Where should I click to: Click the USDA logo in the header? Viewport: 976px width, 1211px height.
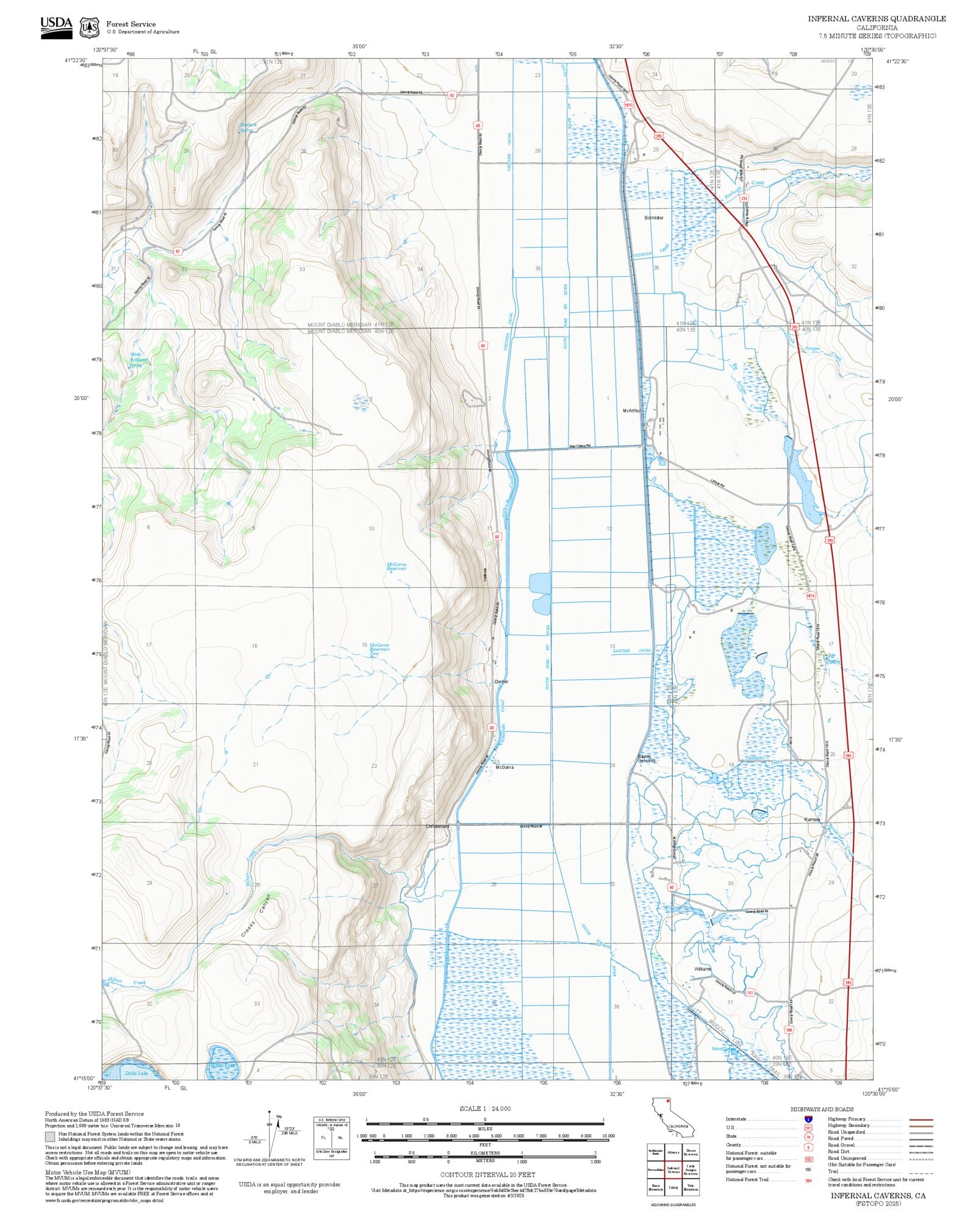click(x=56, y=27)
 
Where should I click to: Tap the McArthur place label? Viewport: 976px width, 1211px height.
click(x=631, y=411)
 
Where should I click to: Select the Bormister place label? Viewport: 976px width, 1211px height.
click(x=653, y=218)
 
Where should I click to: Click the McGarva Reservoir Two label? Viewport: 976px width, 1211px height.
click(x=379, y=649)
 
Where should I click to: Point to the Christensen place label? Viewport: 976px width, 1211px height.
click(x=437, y=826)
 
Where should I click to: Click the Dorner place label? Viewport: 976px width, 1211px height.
click(x=501, y=682)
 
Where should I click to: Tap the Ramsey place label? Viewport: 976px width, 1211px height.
click(x=812, y=820)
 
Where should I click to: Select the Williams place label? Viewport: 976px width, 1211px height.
click(x=702, y=969)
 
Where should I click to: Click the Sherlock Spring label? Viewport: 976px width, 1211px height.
click(x=248, y=127)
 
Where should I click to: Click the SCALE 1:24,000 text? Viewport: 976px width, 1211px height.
click(x=485, y=1109)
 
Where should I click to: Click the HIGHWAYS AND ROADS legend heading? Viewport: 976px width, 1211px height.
click(x=822, y=1109)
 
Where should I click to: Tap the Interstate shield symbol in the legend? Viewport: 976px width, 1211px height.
click(x=808, y=1120)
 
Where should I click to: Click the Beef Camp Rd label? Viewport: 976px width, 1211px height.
click(x=581, y=446)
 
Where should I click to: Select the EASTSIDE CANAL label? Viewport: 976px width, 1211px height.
click(x=632, y=651)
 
